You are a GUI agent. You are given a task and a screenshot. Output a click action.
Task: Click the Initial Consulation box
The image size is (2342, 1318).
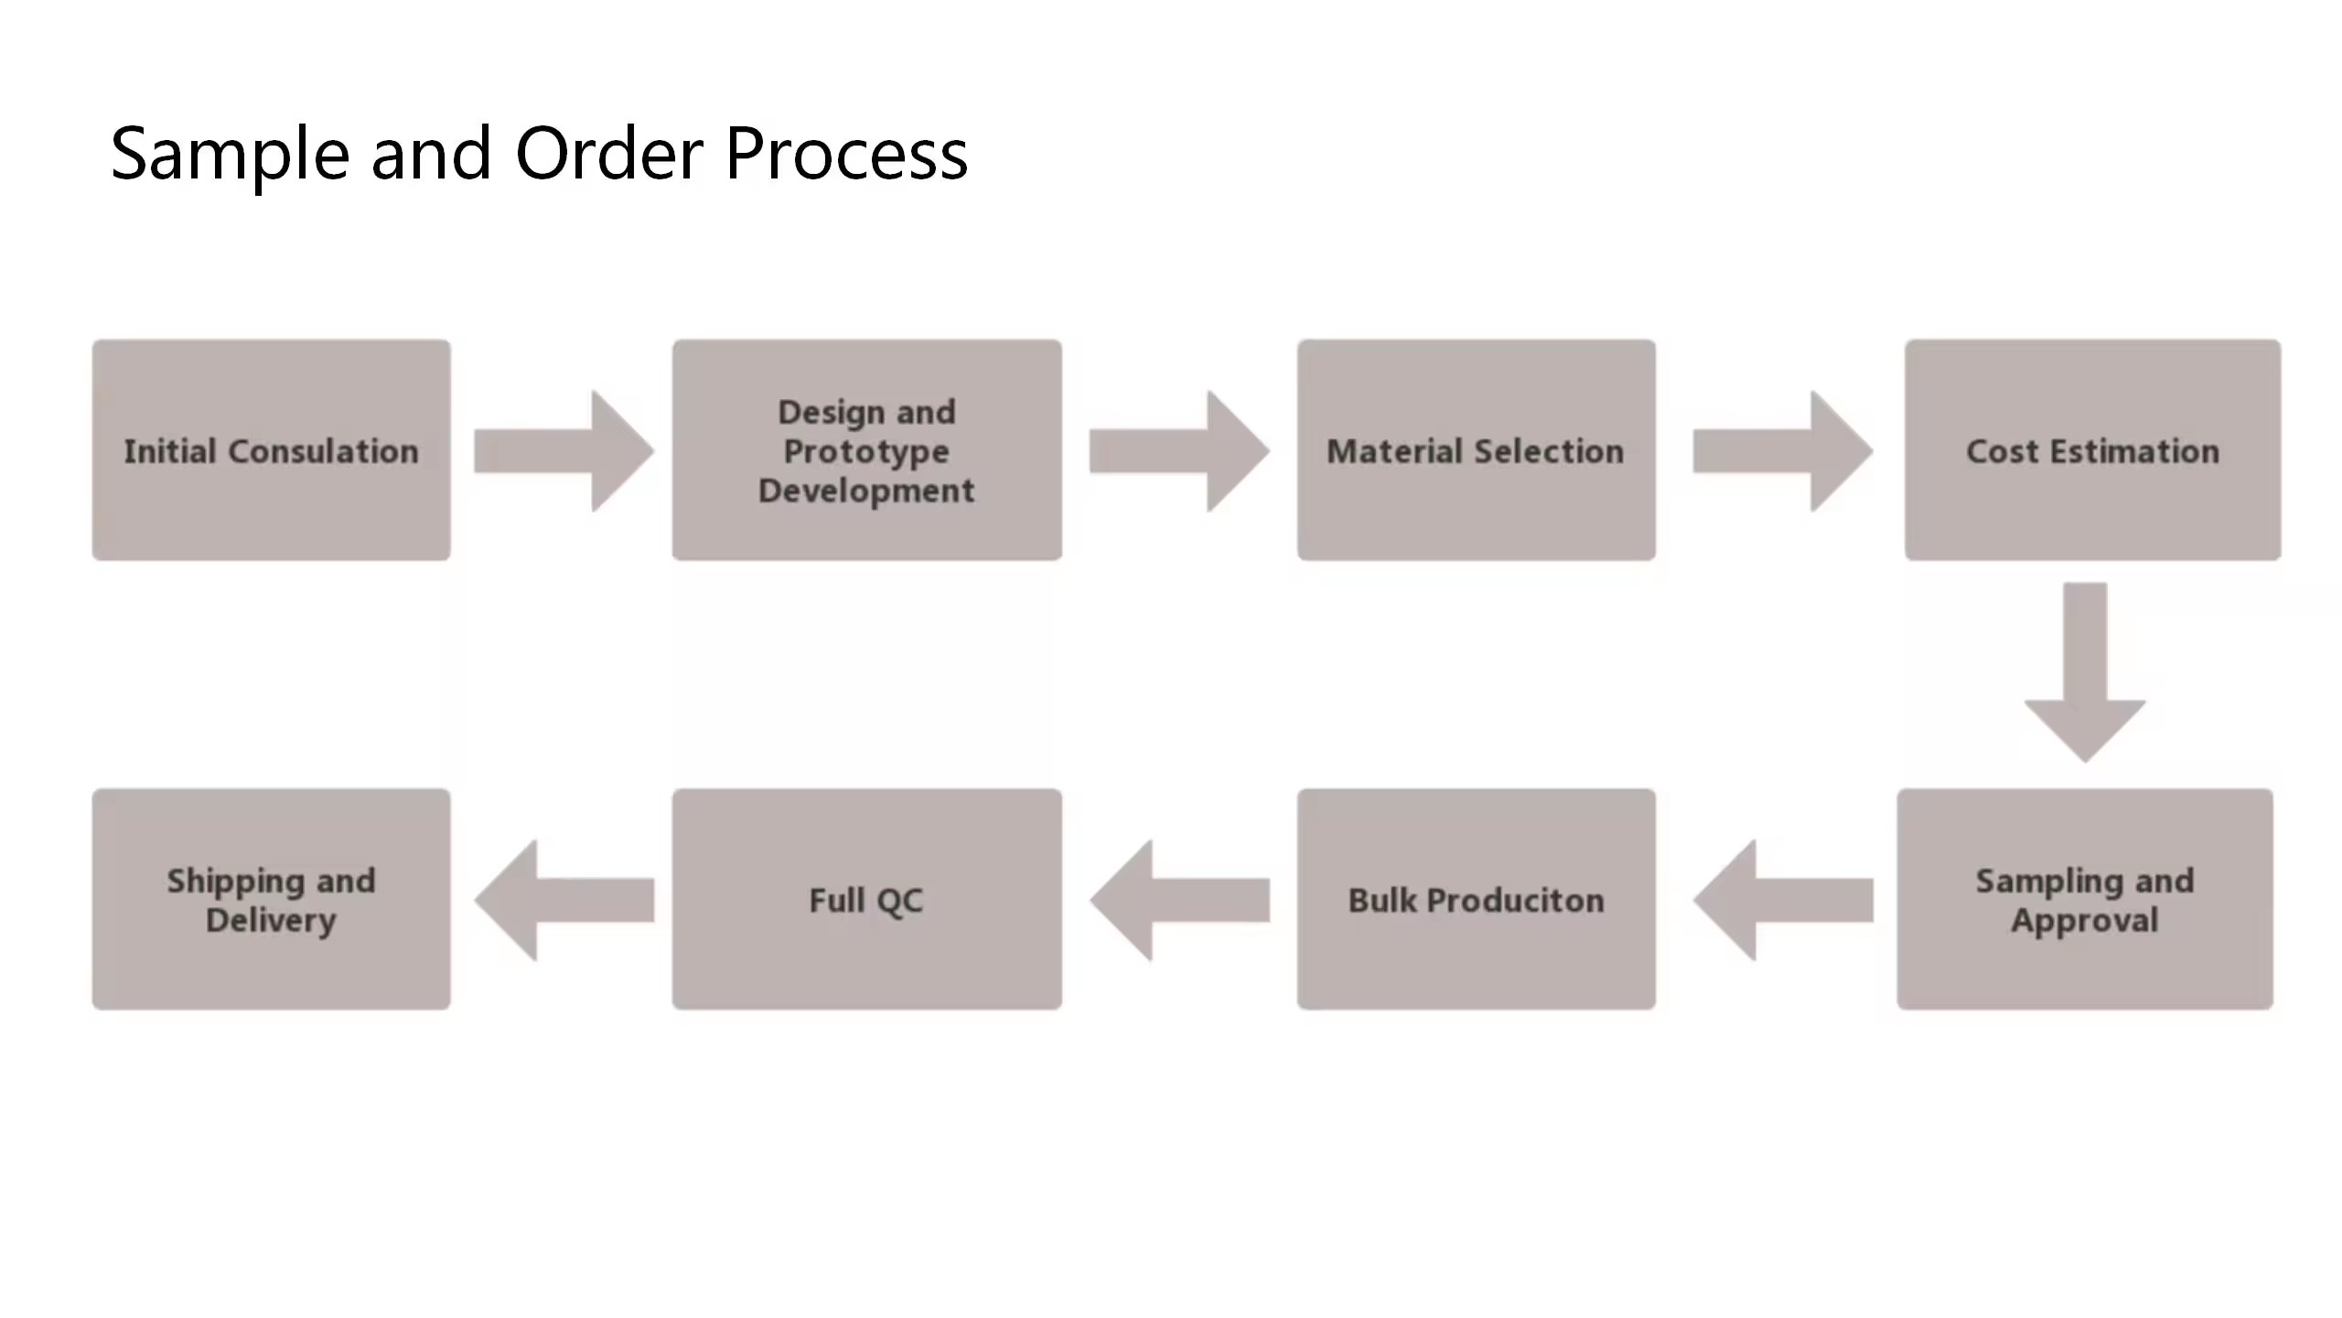point(271,450)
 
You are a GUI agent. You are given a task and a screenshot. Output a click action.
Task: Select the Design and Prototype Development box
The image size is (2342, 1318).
point(866,450)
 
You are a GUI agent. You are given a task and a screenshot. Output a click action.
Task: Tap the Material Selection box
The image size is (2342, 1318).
point(1476,450)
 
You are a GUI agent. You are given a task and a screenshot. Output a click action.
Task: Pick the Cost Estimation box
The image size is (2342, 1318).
point(2092,450)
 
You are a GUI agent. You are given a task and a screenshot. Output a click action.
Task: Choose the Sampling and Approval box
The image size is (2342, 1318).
point(2084,900)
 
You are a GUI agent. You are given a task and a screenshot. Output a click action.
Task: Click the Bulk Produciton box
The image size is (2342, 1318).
point(1476,900)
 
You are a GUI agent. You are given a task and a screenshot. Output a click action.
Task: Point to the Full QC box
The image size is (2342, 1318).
point(866,900)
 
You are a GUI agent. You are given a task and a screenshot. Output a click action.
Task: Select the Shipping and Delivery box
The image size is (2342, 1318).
point(271,900)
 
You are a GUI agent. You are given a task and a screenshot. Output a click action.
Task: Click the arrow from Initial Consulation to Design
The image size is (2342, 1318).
point(563,451)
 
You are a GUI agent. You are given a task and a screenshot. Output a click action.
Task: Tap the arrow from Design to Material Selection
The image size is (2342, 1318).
point(1178,451)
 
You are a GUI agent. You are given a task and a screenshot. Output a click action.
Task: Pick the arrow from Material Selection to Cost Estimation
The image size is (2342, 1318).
point(1782,451)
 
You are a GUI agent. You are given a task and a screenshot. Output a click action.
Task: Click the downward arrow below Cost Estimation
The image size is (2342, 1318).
point(2085,673)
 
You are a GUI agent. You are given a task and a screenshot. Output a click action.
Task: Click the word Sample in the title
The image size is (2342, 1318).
point(230,154)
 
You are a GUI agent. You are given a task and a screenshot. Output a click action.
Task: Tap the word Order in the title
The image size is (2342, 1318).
point(609,154)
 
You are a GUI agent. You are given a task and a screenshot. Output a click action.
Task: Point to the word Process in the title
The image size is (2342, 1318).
point(846,154)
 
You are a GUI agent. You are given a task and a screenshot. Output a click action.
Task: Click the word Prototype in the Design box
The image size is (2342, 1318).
point(866,451)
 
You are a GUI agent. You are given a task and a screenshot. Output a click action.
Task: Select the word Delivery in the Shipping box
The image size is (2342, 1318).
point(271,920)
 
